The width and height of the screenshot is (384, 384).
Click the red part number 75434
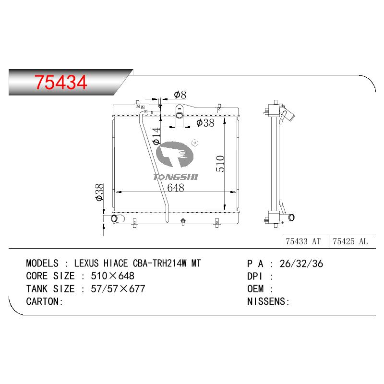tap(60, 82)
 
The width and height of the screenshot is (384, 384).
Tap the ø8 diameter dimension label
tap(180, 95)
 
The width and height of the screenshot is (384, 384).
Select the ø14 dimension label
tap(156, 136)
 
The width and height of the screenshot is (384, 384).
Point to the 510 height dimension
tap(220, 164)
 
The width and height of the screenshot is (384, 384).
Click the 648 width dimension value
tap(176, 188)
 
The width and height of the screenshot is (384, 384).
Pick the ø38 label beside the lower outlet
tap(99, 192)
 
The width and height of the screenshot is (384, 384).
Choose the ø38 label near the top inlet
tap(205, 123)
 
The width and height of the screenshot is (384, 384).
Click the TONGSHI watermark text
tap(176, 177)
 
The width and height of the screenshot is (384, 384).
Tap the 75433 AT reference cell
tap(303, 241)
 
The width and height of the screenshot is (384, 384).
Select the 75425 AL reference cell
tap(350, 241)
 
